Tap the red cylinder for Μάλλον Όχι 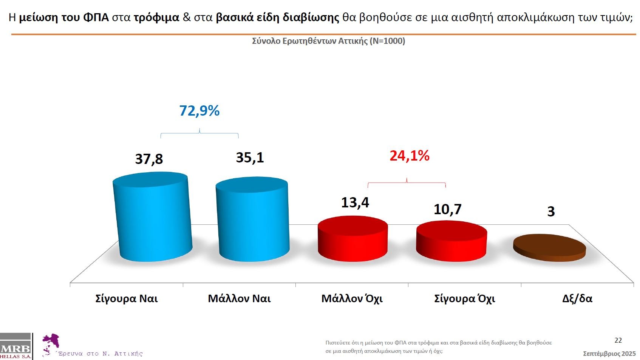tap(352, 239)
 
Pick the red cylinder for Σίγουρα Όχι tap(451, 241)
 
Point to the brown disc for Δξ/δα tap(549, 247)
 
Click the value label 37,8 tap(149, 159)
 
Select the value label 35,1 tap(250, 158)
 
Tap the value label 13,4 tap(355, 202)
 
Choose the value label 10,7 tap(447, 209)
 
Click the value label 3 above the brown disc tap(551, 212)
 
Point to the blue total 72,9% tap(199, 111)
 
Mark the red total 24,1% tap(409, 156)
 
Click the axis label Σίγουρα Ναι tap(127, 298)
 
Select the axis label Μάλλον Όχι tap(352, 298)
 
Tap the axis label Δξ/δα tap(577, 298)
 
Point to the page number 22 tap(618, 340)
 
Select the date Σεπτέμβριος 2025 tap(609, 354)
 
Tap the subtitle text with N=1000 tap(328, 41)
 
